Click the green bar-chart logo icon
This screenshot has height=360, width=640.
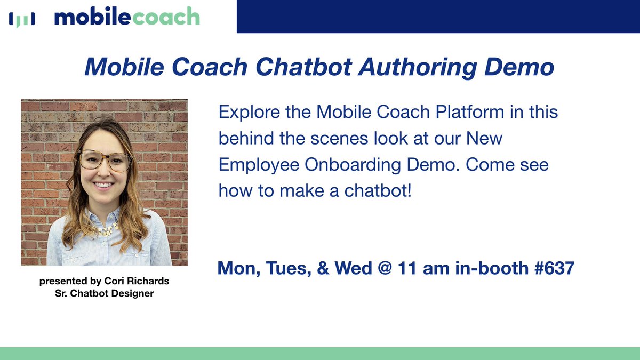pos(22,19)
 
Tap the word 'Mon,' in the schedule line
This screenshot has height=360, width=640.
pos(239,268)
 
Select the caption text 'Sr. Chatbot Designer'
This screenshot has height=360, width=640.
pos(104,293)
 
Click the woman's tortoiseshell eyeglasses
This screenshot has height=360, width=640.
pos(105,160)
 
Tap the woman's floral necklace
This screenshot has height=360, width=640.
pos(108,229)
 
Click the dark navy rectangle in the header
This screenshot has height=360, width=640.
pos(437,16)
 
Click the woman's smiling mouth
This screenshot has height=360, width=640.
pos(104,186)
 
